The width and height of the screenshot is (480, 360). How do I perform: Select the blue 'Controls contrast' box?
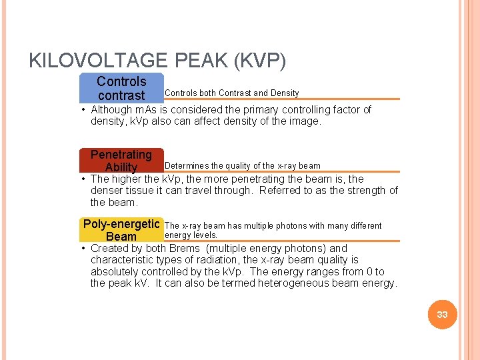point(121,88)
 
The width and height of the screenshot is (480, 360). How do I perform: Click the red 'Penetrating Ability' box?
point(121,161)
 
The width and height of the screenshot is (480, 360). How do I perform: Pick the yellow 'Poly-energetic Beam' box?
point(121,230)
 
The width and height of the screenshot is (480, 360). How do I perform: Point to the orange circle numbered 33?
point(442,315)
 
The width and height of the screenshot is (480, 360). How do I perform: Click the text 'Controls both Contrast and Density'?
point(231,93)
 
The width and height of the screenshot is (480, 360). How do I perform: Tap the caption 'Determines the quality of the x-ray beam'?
point(242,165)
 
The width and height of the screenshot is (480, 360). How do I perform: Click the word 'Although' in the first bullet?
point(111,109)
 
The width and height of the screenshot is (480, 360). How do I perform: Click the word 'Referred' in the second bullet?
point(280,191)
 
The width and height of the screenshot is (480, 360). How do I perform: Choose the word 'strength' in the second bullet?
point(361,191)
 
